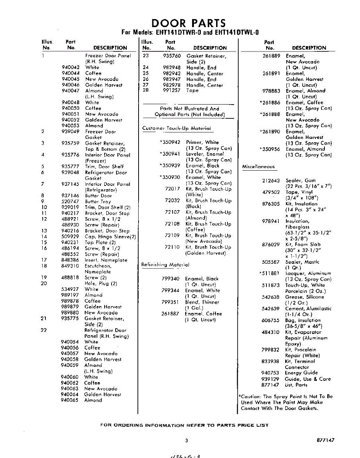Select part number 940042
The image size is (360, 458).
coord(70,67)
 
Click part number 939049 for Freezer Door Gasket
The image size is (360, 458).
coord(70,132)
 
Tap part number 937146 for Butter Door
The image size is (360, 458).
coord(70,196)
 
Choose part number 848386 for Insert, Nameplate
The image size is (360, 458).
coord(70,260)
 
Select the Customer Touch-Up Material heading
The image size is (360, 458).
coord(176,129)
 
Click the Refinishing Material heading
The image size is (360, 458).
coord(165,264)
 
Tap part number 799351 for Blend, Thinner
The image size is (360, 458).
coord(170,302)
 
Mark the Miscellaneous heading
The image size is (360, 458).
coord(258,167)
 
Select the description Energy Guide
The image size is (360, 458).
coord(301,373)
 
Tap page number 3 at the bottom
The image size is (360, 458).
coord(187,440)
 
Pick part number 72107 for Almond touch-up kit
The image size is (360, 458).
coord(173,212)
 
